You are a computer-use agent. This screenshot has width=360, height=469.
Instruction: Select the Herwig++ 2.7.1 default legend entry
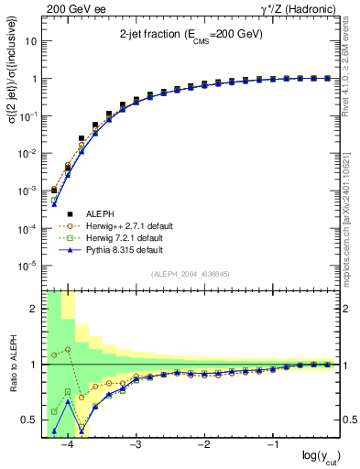(128, 225)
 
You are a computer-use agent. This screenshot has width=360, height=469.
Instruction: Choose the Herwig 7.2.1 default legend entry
(125, 237)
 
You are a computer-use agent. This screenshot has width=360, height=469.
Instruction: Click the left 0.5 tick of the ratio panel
(30, 420)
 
